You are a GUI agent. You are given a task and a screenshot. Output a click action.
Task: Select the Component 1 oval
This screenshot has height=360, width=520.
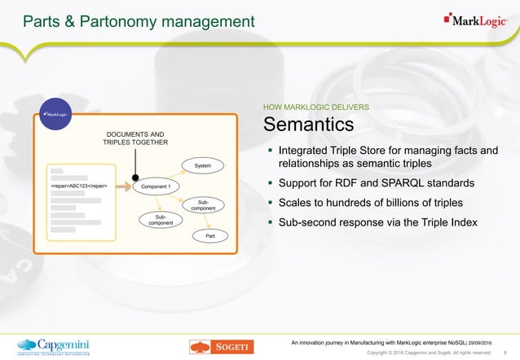[155, 187]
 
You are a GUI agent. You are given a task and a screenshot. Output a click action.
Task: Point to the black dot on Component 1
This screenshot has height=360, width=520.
[135, 177]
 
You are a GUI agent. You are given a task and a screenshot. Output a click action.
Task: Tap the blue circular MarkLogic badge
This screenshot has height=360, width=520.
[56, 115]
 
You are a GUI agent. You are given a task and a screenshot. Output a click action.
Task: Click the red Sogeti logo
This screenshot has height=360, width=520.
[219, 346]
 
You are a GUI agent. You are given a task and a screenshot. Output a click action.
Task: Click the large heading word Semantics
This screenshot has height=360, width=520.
[307, 125]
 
